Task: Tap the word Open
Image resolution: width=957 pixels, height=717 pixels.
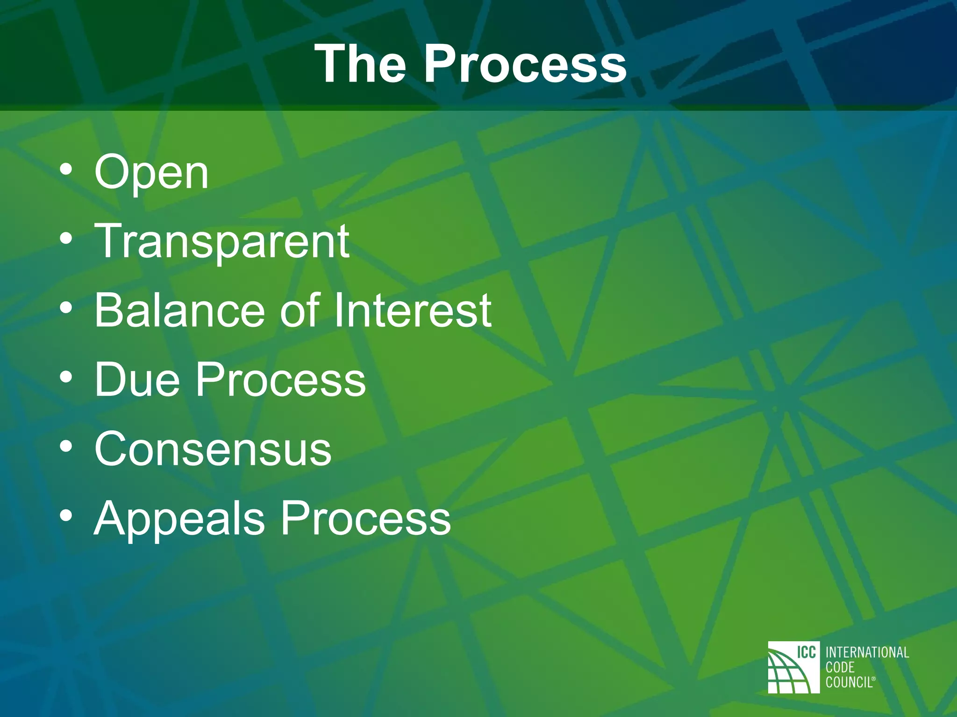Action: [x=151, y=173]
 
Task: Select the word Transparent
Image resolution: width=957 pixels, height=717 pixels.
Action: [x=222, y=242]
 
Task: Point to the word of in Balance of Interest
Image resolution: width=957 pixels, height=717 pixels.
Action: [x=300, y=310]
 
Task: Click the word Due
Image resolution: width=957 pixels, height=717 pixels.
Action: [x=137, y=380]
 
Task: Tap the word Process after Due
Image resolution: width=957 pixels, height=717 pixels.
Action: [x=280, y=380]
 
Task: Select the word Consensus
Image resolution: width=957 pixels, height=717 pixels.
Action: [x=213, y=449]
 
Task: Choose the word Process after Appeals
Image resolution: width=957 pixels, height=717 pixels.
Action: [x=365, y=518]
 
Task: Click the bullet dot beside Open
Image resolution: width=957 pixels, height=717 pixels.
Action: [x=66, y=170]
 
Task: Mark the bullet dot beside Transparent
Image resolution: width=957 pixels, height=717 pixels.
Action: [x=66, y=239]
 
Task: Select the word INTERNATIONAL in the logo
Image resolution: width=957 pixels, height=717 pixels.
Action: [x=867, y=652]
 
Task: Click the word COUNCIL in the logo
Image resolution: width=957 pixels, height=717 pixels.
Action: [x=849, y=682]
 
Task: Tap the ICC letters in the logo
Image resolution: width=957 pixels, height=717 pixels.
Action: [x=806, y=652]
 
